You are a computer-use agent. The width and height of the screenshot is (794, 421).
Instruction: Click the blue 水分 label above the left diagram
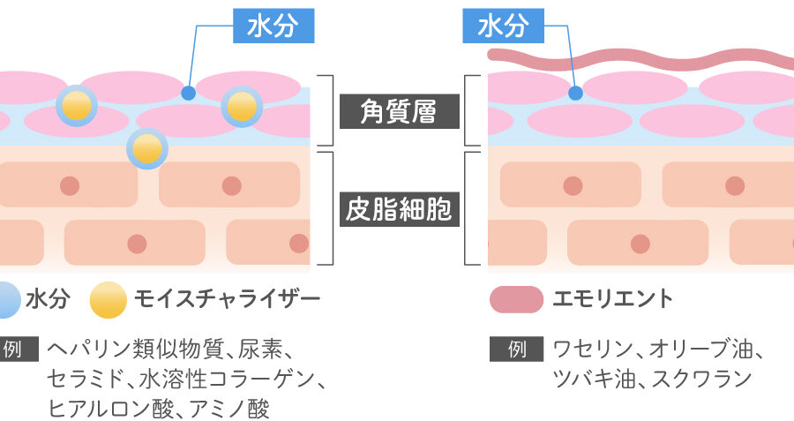(x=273, y=27)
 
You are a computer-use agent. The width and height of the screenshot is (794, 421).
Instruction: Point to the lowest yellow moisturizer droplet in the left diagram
(x=147, y=147)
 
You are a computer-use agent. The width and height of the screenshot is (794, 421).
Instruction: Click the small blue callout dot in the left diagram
(x=187, y=92)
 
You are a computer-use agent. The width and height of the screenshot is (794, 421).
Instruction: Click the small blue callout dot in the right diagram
(x=574, y=92)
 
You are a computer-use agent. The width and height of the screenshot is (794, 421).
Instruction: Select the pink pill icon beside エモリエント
(x=516, y=299)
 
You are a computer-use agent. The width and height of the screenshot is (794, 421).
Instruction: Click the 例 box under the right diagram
(x=517, y=350)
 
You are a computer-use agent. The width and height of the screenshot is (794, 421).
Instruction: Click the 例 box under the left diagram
(x=12, y=350)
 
